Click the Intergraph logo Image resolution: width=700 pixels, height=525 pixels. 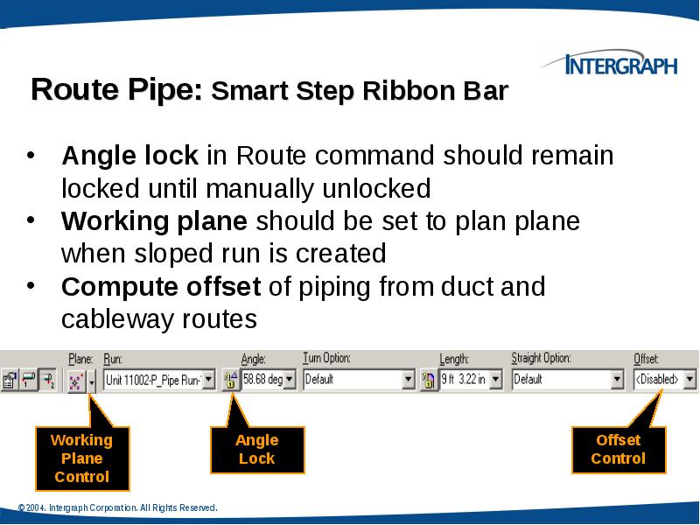point(609,65)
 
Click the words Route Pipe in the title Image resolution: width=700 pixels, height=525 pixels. point(116,91)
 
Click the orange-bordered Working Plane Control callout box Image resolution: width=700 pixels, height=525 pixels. point(82,458)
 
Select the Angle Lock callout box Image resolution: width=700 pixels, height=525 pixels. point(256,449)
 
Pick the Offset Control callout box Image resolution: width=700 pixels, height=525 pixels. point(618,449)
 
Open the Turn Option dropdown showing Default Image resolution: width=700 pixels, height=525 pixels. point(358,380)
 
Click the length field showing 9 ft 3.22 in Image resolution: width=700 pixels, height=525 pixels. point(464,380)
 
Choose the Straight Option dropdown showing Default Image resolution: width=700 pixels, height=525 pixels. point(566,380)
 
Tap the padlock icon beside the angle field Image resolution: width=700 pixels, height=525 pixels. point(230,380)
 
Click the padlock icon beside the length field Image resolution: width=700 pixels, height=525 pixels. point(429,380)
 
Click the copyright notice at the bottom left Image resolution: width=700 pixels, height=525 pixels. point(117,508)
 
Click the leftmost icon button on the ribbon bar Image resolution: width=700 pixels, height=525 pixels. point(10,380)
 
